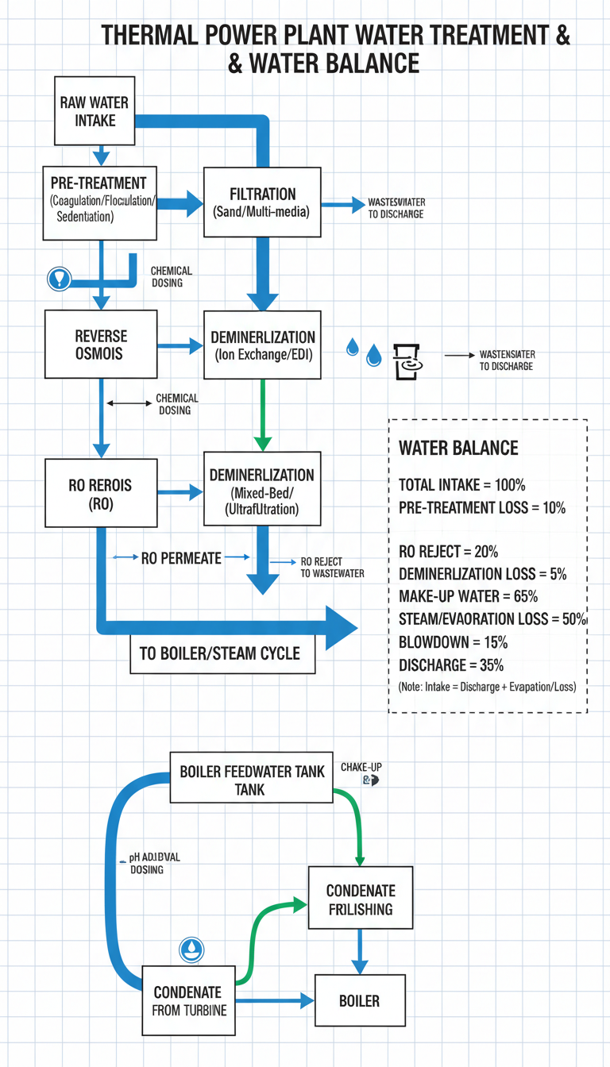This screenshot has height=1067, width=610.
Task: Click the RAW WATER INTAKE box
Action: click(x=95, y=112)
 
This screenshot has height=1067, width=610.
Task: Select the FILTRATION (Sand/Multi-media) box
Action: click(x=262, y=202)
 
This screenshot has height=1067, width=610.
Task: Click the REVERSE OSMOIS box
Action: click(x=101, y=345)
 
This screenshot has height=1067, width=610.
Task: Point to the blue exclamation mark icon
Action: click(x=60, y=278)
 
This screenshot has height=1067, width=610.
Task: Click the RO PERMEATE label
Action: click(x=180, y=558)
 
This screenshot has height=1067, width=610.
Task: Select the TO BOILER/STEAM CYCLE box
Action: click(x=220, y=653)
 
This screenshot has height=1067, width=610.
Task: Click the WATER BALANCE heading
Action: click(x=458, y=448)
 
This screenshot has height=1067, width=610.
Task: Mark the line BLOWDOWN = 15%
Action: click(x=452, y=641)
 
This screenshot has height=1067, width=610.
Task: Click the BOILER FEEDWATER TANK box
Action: click(x=252, y=779)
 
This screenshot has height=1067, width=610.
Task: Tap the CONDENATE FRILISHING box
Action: click(x=361, y=899)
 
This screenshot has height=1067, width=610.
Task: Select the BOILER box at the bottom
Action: click(x=360, y=1000)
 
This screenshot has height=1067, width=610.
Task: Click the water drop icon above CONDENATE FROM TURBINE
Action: click(x=191, y=948)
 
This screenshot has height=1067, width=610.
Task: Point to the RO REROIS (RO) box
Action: click(x=101, y=492)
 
